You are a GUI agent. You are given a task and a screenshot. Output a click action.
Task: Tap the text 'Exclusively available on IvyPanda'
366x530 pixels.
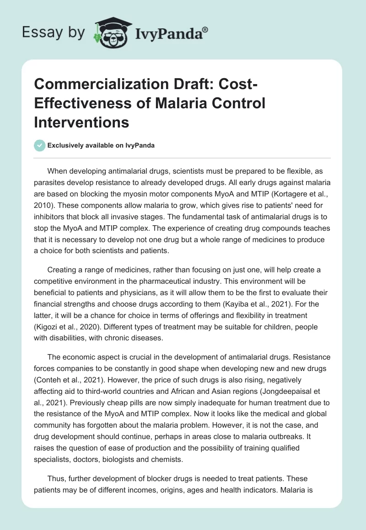[101, 145]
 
